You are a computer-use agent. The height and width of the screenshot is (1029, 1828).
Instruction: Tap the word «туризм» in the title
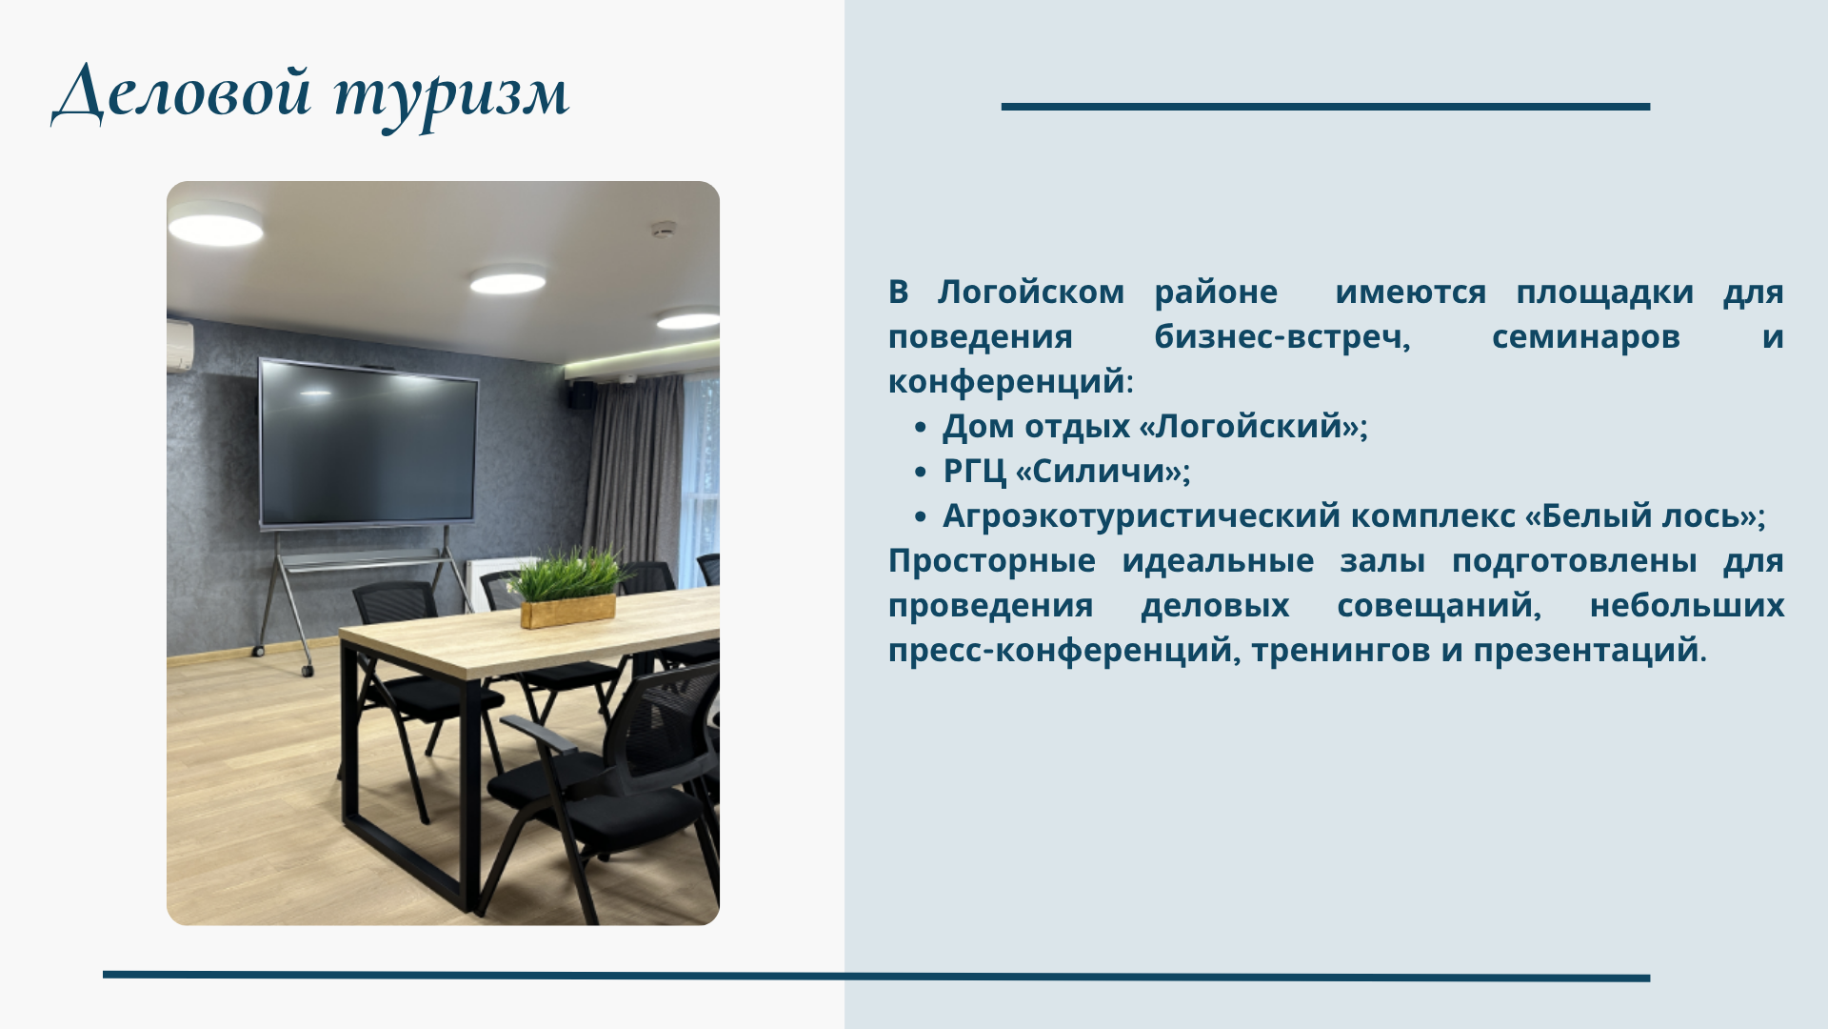tap(451, 96)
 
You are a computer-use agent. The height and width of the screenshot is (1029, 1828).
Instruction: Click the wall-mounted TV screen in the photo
tap(368, 442)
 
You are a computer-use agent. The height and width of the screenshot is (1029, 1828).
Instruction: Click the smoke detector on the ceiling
tap(663, 230)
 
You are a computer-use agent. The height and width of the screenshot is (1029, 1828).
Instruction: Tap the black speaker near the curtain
tap(581, 394)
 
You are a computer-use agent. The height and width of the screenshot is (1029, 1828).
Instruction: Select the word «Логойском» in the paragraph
tap(1031, 293)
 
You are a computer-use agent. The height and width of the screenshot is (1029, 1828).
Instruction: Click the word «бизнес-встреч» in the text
tap(1282, 337)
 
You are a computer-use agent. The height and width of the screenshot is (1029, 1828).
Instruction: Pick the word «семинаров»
tap(1585, 337)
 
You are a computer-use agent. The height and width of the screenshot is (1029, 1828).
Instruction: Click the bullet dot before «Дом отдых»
tap(920, 428)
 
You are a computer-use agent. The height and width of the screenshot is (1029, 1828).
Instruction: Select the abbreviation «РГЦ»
tap(974, 471)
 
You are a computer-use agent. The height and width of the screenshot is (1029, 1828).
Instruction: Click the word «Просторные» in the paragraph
tap(991, 561)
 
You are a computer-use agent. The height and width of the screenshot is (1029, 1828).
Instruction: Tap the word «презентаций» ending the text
tap(1586, 651)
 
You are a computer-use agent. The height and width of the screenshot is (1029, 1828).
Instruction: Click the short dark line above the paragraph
tap(1325, 107)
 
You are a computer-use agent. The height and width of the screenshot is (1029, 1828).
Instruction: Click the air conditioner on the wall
tap(180, 344)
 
